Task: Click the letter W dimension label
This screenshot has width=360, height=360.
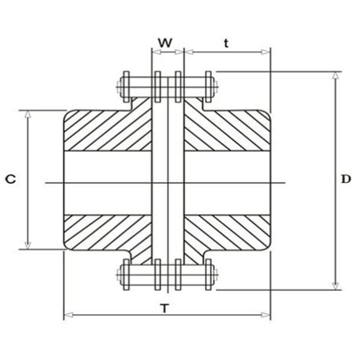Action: point(166,43)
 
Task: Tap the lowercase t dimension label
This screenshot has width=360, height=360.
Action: point(226,43)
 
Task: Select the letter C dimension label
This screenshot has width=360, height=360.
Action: point(11,179)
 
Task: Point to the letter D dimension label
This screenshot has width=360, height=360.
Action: point(346,179)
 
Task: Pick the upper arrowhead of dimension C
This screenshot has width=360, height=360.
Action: point(27,113)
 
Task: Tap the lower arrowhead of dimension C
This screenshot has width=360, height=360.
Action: point(27,245)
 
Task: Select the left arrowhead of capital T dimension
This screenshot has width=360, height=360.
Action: point(67,314)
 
